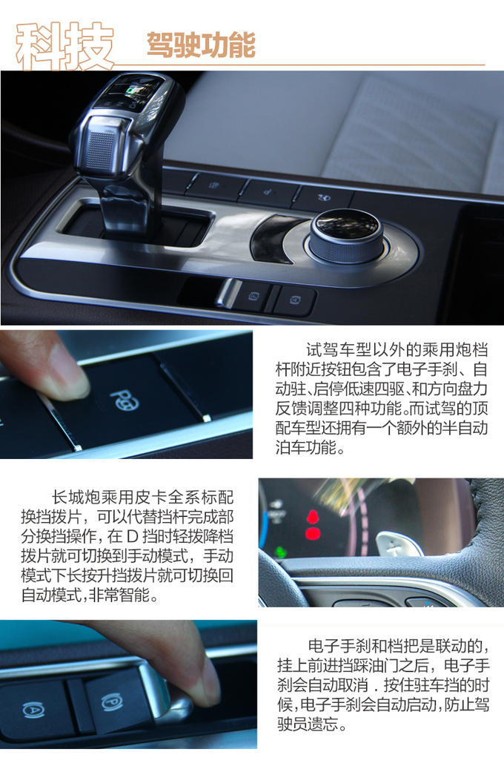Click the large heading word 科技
pos(65,46)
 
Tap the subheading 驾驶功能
pos(201,45)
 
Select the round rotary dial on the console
pos(347,235)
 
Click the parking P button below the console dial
pos(253,296)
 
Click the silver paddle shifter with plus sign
pos(399,544)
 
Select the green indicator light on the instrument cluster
pos(280,552)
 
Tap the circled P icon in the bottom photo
pos(111,702)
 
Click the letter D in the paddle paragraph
pos(132,537)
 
